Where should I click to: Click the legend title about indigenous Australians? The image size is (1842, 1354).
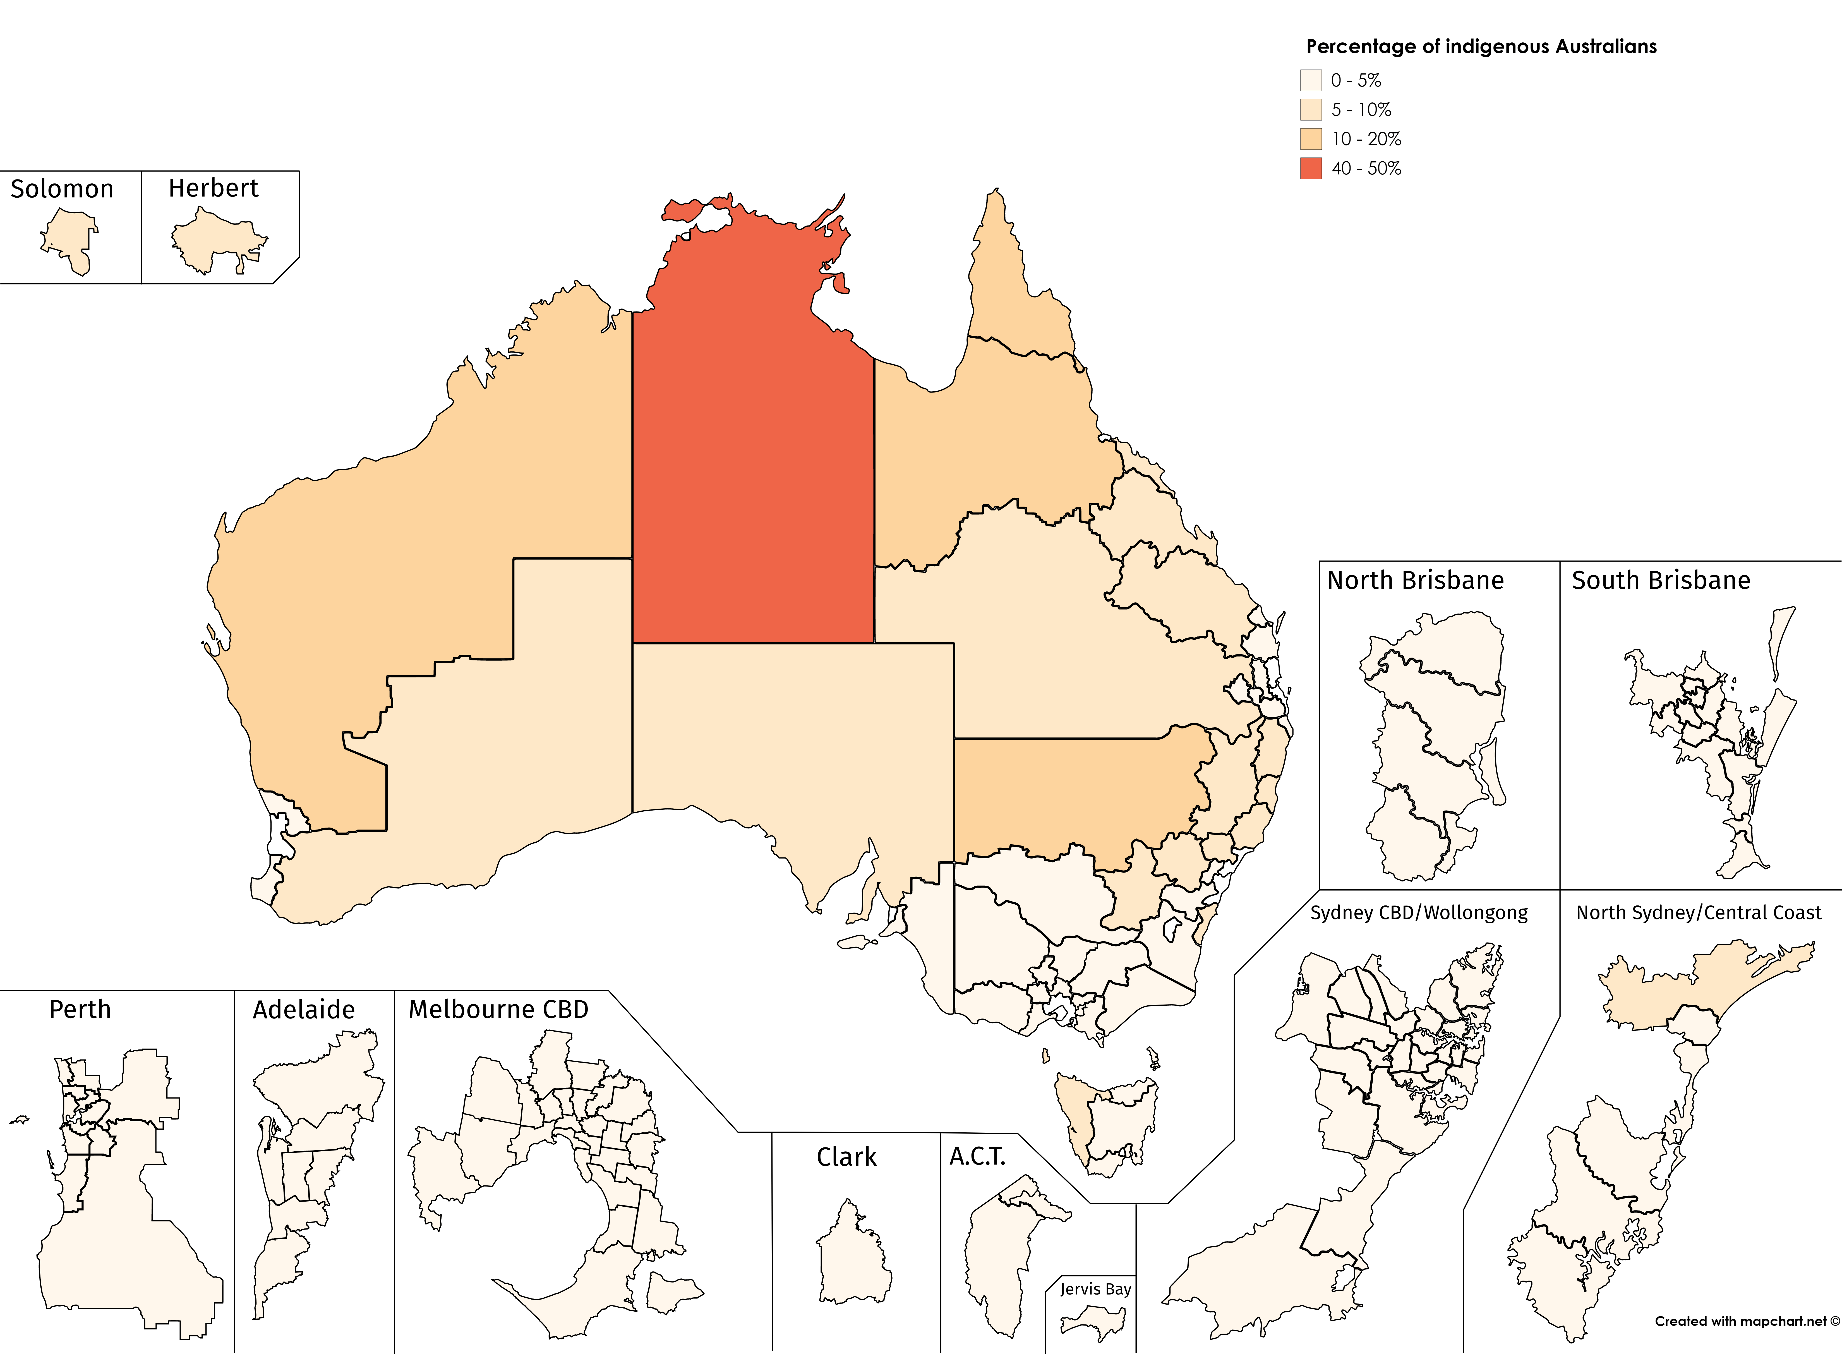(1481, 47)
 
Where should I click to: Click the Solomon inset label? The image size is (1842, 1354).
(62, 189)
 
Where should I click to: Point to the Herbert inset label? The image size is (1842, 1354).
(213, 188)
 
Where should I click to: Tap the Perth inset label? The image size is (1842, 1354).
(80, 1010)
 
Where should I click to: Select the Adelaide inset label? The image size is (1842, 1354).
(303, 1010)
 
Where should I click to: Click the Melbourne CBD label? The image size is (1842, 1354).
(498, 1010)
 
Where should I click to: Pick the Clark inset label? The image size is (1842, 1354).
(846, 1157)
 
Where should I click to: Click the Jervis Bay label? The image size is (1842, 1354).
(1095, 1289)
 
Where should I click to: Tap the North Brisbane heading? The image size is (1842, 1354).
(1415, 580)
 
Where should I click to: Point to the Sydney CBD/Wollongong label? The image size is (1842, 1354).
(1418, 913)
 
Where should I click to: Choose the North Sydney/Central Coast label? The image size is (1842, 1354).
(1699, 913)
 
